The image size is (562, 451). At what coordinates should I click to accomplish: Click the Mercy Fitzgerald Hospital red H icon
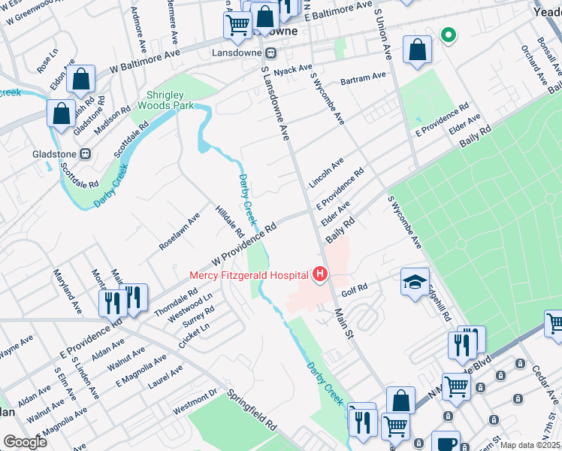[320, 274]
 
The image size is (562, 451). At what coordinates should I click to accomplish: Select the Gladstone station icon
[86, 153]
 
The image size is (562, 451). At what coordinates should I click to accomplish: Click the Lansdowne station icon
[270, 53]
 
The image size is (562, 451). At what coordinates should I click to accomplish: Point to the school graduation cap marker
[415, 281]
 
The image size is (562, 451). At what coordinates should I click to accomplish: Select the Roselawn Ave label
[179, 231]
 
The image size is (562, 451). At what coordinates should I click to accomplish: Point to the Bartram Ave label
[363, 77]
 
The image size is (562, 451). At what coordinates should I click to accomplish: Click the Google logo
[25, 441]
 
